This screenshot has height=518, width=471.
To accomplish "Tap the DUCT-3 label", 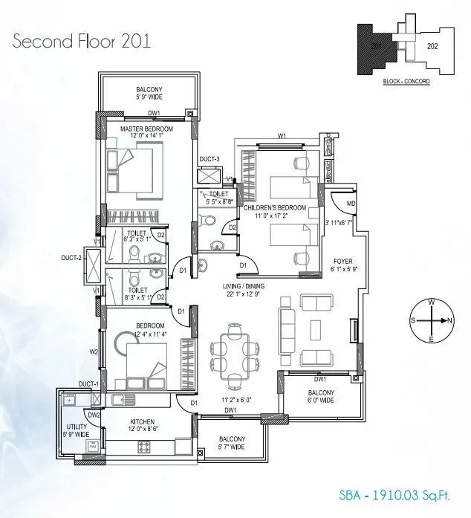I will click(x=209, y=160).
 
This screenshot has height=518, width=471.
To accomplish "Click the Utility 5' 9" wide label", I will click(x=76, y=430).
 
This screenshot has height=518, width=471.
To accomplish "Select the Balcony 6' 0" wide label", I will click(x=321, y=396).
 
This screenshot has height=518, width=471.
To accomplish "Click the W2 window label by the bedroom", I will click(x=94, y=352).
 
